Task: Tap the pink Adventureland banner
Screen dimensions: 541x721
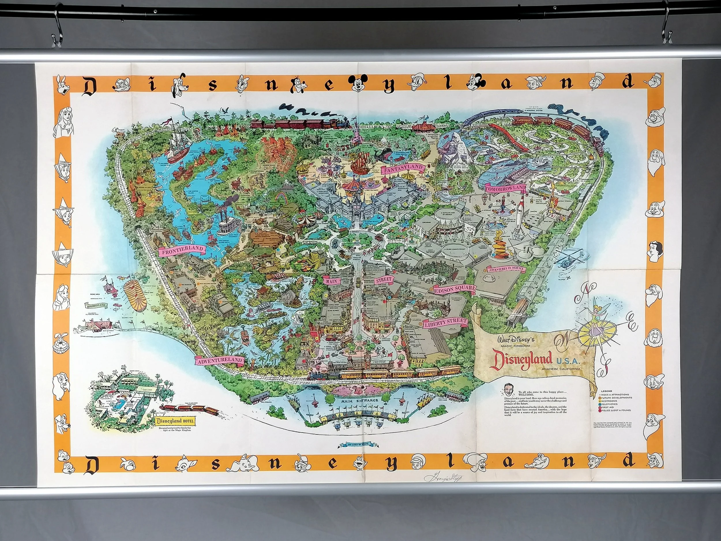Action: [220, 360]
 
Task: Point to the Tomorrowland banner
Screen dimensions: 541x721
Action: [505, 189]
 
